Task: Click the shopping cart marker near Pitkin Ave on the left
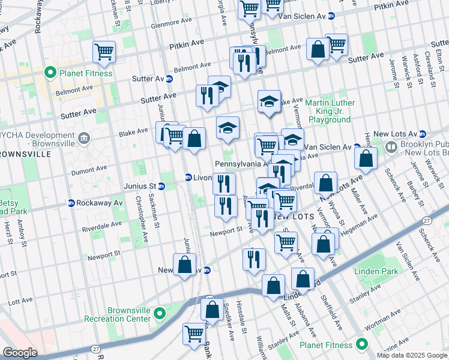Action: pos(104,52)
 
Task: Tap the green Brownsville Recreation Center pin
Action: pos(160,314)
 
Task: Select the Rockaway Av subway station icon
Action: pos(71,203)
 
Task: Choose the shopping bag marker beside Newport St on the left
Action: pos(184,264)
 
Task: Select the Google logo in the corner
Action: pos(19,353)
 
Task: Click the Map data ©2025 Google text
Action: pos(411,355)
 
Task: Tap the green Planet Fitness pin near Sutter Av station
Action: pos(50,73)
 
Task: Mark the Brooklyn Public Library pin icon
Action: pos(391,146)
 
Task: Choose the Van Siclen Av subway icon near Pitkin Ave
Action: pos(339,15)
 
